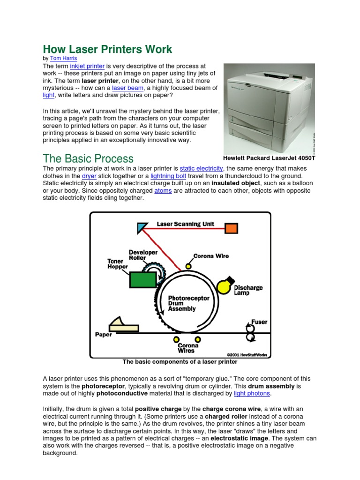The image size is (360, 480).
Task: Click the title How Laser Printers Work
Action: [107, 49]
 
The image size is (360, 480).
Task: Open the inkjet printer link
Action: [87, 67]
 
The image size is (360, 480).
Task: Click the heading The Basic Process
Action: [88, 158]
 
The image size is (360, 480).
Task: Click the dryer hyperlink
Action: [89, 176]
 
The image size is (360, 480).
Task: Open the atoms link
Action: [164, 191]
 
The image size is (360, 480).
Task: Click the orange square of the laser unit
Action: [231, 228]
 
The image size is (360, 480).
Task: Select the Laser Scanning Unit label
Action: [185, 224]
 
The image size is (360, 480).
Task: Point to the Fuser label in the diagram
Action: [259, 322]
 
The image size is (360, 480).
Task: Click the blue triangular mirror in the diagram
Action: [142, 227]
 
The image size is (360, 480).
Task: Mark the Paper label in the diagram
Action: [104, 335]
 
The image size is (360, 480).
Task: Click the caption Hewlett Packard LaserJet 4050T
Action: [269, 158]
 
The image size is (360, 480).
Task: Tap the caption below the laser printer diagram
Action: [180, 362]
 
